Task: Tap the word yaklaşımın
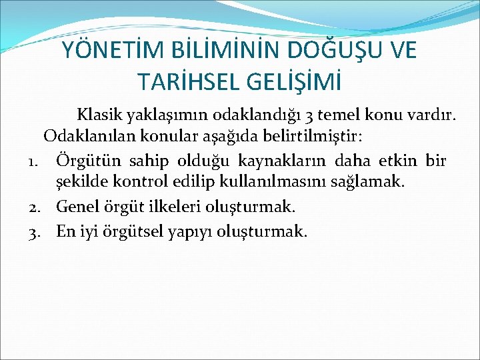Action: coord(166,117)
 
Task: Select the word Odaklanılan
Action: coord(89,138)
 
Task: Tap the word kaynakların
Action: coord(297,161)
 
